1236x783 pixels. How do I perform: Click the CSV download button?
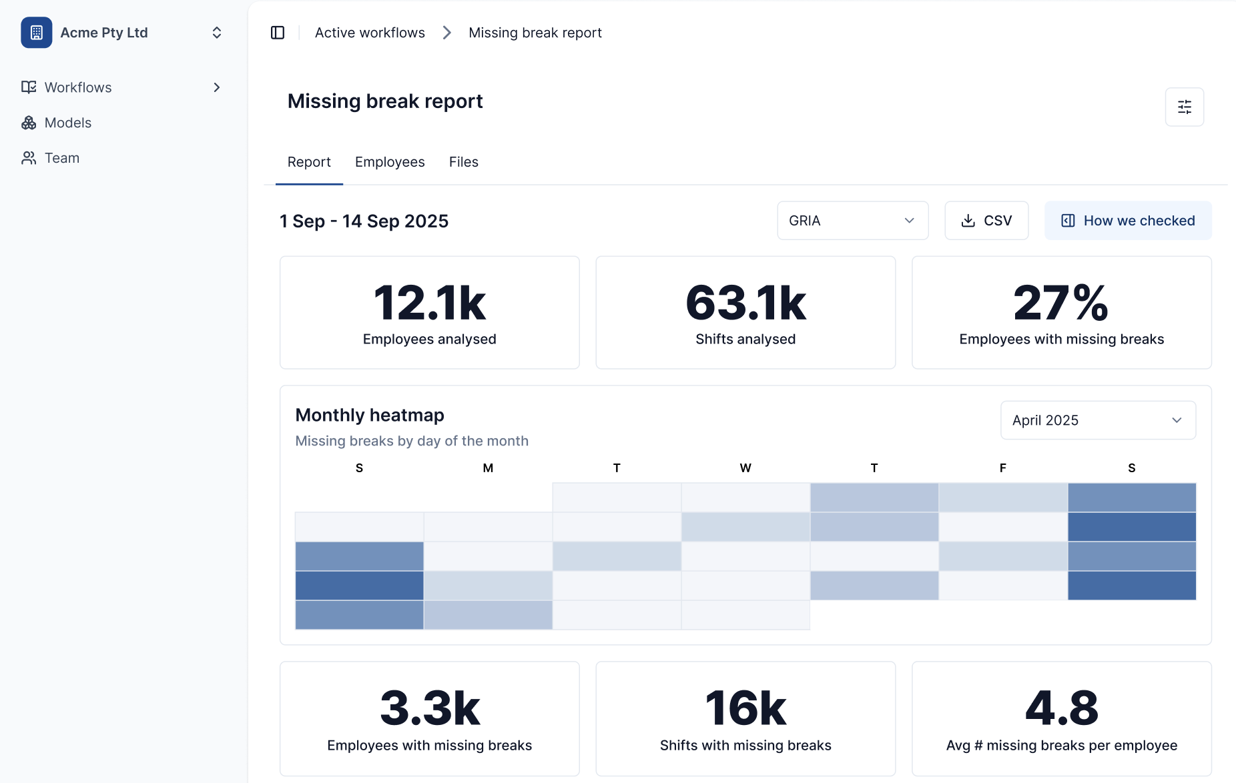point(986,221)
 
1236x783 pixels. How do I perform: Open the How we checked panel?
point(1127,221)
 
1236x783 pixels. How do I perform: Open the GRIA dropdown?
point(852,221)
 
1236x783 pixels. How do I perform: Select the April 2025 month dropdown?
point(1097,420)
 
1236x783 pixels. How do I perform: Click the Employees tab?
point(390,162)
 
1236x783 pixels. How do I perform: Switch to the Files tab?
point(463,162)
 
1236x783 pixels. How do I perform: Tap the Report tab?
point(309,162)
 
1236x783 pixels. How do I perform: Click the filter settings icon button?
point(1184,107)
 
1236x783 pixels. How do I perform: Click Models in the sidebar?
point(67,123)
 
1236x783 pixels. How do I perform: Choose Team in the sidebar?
point(61,158)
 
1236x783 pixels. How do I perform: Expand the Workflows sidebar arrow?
point(216,87)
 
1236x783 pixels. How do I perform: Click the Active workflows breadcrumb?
point(370,33)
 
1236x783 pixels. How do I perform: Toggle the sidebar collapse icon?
point(278,33)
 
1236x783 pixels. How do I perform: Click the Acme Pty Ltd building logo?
point(37,33)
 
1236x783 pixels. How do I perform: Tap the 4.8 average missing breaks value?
point(1061,708)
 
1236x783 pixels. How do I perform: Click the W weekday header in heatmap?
point(745,468)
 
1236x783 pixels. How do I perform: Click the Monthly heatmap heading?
point(370,415)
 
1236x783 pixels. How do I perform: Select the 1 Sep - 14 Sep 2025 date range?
point(364,221)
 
